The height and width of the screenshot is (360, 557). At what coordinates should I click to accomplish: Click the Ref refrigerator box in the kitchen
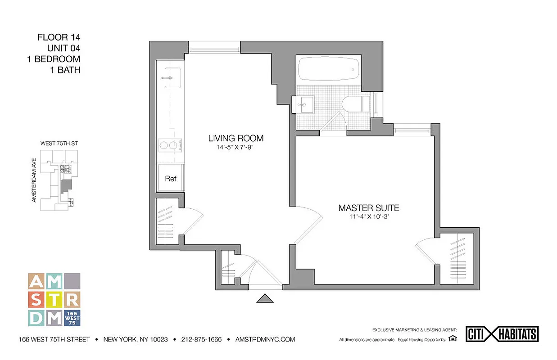point(171,179)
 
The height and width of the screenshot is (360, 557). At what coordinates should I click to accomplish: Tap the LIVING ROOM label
point(235,138)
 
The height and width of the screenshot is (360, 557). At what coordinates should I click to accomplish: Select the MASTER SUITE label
point(369,208)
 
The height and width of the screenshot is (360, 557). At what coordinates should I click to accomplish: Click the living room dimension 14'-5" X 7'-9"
point(235,147)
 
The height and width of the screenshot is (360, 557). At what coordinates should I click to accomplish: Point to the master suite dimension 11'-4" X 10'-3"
point(369,217)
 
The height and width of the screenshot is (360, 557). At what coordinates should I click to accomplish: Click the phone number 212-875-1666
point(201,339)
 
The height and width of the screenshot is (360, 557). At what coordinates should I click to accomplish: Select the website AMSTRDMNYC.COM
point(265,339)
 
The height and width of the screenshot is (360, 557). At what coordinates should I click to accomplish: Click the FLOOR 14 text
point(59,37)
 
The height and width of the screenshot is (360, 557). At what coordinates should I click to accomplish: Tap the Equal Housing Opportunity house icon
point(453,338)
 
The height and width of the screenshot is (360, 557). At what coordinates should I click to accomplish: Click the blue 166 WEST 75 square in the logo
point(72,318)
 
